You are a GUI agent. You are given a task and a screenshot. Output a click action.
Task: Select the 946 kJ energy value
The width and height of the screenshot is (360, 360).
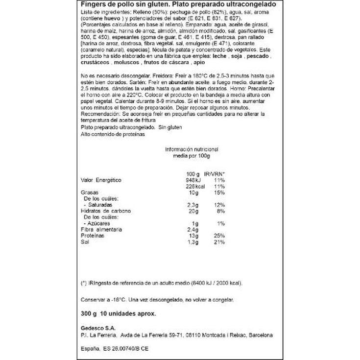[x=191, y=180]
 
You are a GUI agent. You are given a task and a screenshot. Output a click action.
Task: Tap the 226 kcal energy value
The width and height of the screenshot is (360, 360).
[x=192, y=186]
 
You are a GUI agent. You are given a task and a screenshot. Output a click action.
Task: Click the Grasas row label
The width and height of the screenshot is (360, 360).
[x=89, y=192]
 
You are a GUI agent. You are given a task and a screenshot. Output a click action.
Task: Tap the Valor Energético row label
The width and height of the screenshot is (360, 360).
[x=100, y=180]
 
